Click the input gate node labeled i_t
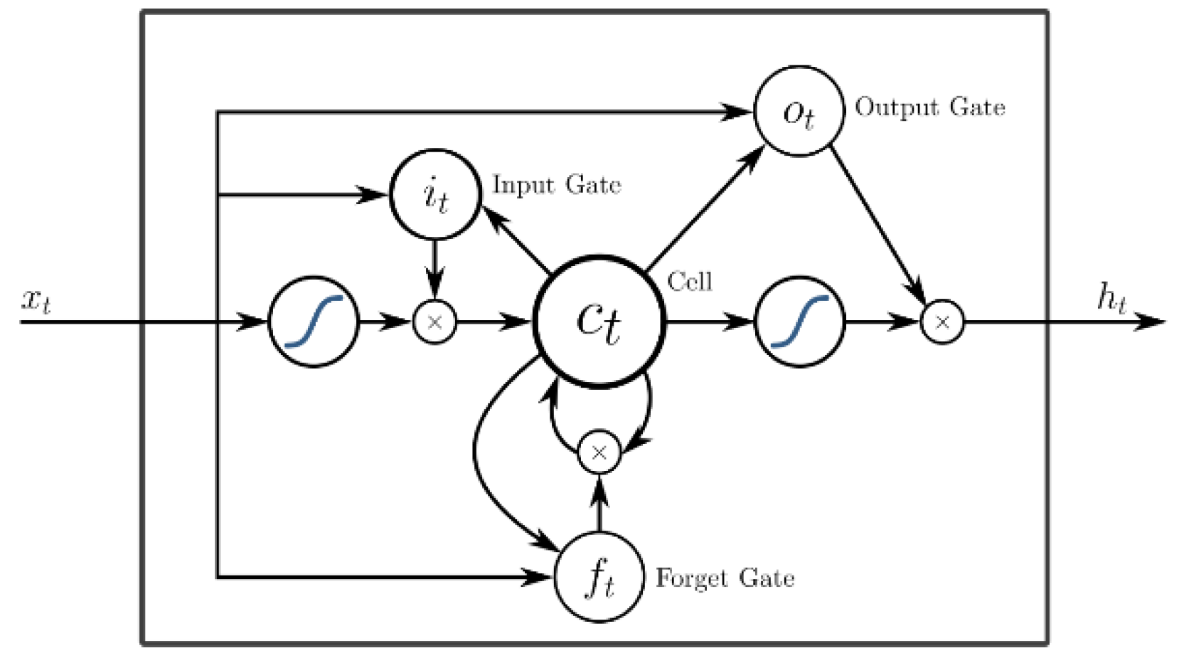point(434,194)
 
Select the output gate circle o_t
point(799,112)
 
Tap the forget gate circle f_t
point(599,576)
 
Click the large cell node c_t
point(599,322)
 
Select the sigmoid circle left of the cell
point(313,322)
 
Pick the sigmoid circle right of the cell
point(799,322)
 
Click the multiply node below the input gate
point(434,322)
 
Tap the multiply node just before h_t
point(942,322)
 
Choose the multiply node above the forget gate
point(599,452)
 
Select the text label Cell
point(689,282)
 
